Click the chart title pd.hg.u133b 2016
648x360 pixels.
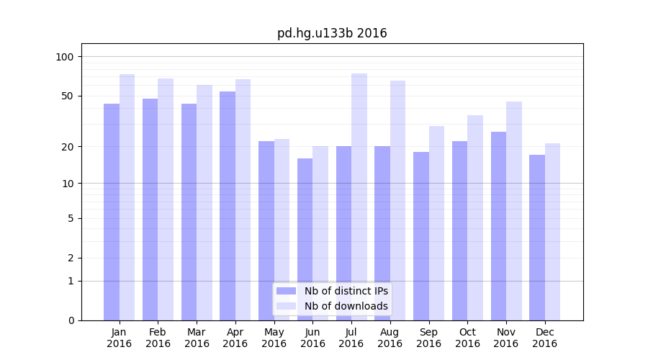[x=332, y=33]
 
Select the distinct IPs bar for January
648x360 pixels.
[x=112, y=212]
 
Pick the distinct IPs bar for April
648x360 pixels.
[x=228, y=206]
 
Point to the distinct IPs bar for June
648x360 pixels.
[x=305, y=239]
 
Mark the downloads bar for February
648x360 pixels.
[x=166, y=199]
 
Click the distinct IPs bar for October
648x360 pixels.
[x=460, y=230]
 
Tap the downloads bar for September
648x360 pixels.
[x=436, y=223]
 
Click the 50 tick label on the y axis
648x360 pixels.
[x=68, y=96]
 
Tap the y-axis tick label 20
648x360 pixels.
[x=68, y=147]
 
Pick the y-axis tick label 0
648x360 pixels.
[x=71, y=320]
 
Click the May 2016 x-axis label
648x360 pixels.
[x=274, y=338]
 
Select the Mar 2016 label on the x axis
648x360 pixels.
[x=197, y=338]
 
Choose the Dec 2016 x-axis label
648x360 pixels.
[x=544, y=338]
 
